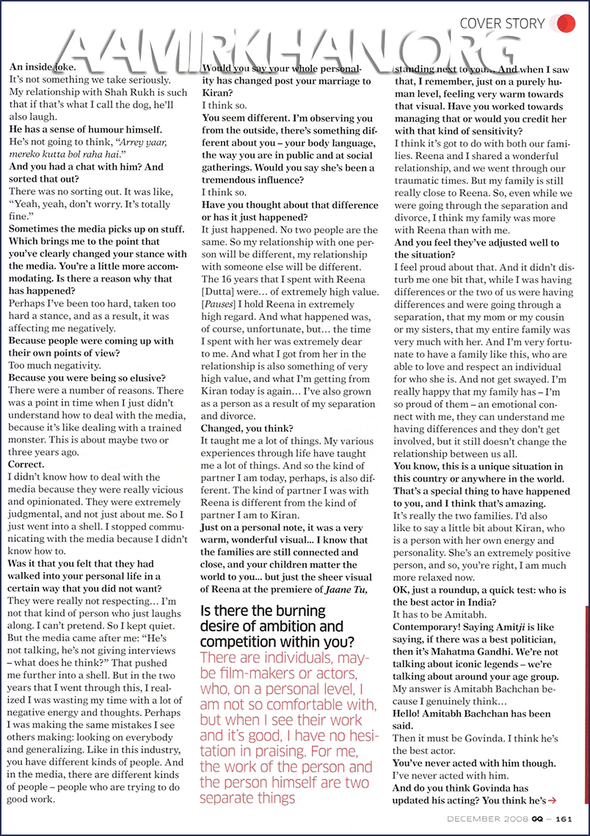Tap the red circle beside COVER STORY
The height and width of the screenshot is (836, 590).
[x=566, y=23]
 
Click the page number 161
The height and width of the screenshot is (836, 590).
[x=564, y=819]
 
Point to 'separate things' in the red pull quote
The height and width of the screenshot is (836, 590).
[x=248, y=797]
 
